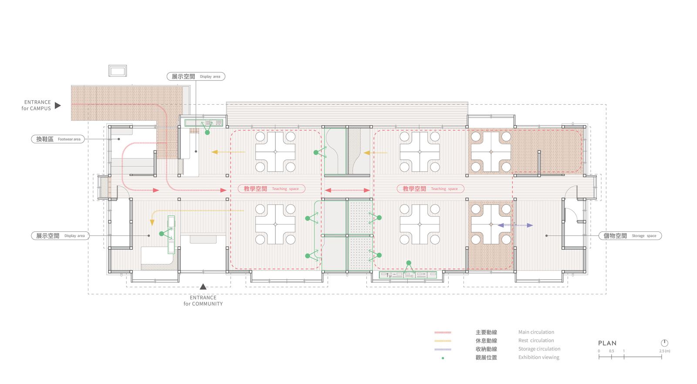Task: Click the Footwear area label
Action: click(58, 139)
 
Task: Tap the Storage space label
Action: click(630, 236)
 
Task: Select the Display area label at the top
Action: click(196, 76)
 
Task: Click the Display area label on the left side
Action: click(60, 236)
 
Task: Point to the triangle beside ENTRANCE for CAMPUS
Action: click(58, 105)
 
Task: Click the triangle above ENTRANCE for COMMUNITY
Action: click(203, 286)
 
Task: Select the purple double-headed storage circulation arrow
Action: click(515, 225)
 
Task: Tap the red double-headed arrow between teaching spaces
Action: click(347, 190)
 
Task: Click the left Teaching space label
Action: click(271, 189)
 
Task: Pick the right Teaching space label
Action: click(430, 189)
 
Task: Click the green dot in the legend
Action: click(443, 358)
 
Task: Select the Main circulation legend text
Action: click(536, 332)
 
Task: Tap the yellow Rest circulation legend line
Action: click(443, 341)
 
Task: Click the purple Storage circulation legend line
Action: click(443, 350)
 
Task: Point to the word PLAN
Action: click(607, 343)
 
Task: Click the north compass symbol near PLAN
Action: click(664, 343)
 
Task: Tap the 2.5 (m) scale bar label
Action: click(665, 351)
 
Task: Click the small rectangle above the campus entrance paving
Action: click(118, 71)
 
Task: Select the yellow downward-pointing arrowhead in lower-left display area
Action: click(152, 222)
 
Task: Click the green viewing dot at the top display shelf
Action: click(207, 133)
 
